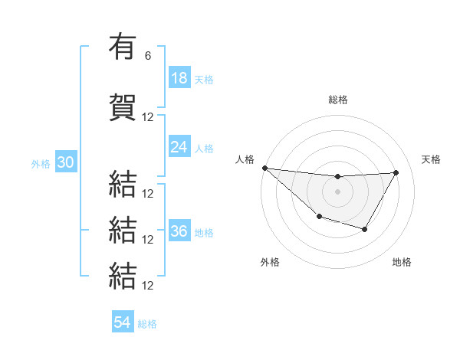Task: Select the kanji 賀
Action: [x=123, y=107]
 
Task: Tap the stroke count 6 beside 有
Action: [x=148, y=56]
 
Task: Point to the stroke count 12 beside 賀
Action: [x=148, y=117]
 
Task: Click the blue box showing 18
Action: [x=179, y=78]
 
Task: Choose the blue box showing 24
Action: [x=179, y=147]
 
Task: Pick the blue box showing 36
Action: [x=179, y=231]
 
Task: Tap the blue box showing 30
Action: [x=65, y=162]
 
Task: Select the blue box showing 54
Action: [x=123, y=322]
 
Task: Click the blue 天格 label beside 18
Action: [x=204, y=80]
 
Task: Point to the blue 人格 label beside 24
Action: [x=204, y=149]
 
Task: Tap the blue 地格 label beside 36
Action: [x=204, y=233]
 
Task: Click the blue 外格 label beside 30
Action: [x=41, y=164]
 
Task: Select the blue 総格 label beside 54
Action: [x=147, y=324]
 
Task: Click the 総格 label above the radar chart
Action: [x=337, y=100]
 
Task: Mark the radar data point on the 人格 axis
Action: [x=264, y=168]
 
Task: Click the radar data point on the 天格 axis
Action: [x=396, y=172]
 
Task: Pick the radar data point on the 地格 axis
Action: [x=365, y=229]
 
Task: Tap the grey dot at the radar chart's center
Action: [x=337, y=191]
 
